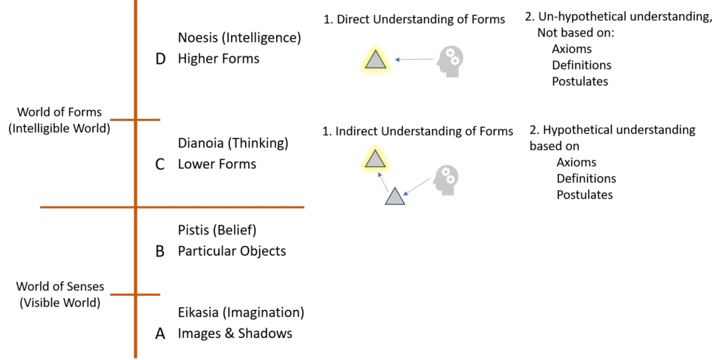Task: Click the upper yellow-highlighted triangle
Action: [x=375, y=61]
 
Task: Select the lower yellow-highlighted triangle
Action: [x=375, y=160]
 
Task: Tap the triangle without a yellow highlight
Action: [x=395, y=197]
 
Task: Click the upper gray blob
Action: [x=451, y=61]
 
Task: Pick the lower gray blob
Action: [x=447, y=180]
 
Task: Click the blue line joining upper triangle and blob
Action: [x=415, y=60]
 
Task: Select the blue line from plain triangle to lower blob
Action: [x=418, y=186]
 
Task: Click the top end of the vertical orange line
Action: [x=134, y=2]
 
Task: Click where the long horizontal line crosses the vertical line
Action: [x=134, y=206]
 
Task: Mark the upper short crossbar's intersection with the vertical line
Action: [x=134, y=121]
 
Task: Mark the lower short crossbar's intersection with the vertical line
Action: [x=134, y=296]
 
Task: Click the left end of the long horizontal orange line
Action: [x=41, y=206]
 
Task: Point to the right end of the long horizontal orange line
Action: [x=308, y=206]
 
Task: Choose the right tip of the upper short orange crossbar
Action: [x=162, y=121]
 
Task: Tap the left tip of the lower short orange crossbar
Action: [x=108, y=296]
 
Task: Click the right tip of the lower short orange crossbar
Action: [x=162, y=296]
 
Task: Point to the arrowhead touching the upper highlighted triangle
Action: [x=396, y=61]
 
